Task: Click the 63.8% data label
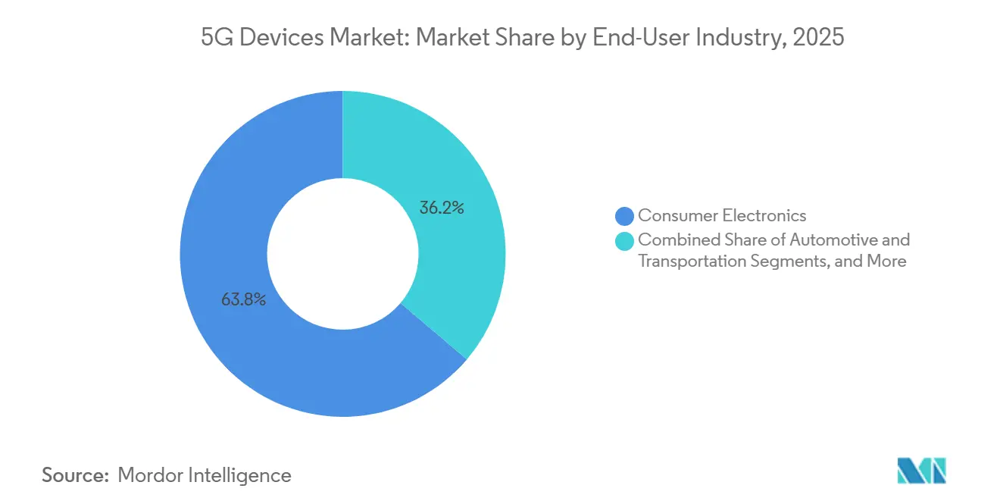(x=243, y=300)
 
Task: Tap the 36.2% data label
(x=441, y=207)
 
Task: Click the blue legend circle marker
(x=624, y=217)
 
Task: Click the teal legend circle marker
(x=624, y=241)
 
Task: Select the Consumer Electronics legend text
(x=722, y=216)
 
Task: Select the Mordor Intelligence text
(x=205, y=475)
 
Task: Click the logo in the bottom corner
(x=921, y=471)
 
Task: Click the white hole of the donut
(x=342, y=254)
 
